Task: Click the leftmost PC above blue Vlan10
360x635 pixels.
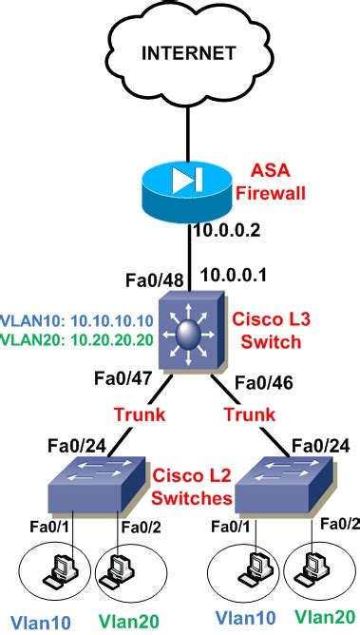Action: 53,570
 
